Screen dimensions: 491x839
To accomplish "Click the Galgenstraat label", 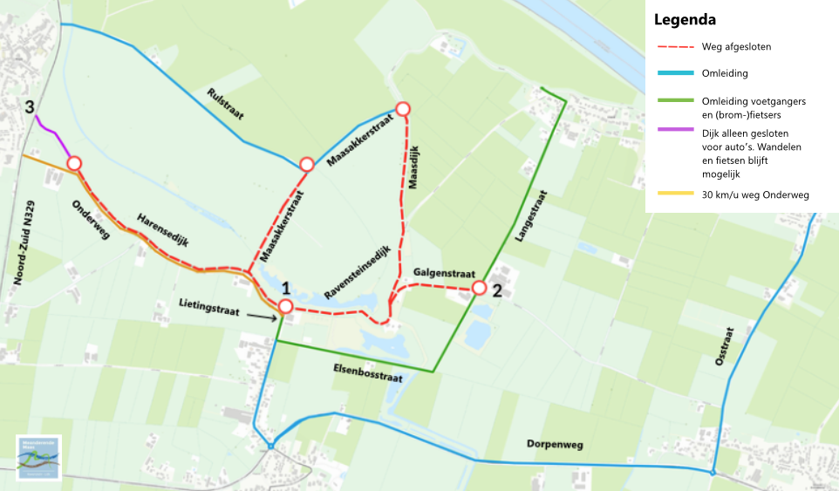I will [x=440, y=271].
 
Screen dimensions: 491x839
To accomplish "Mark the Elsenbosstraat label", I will [x=367, y=377].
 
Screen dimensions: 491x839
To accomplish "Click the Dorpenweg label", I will [x=554, y=445].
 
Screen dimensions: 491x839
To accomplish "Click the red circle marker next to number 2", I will [x=479, y=287].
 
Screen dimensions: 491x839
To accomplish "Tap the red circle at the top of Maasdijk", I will [x=403, y=109].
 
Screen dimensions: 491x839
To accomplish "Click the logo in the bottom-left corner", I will [x=38, y=458].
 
